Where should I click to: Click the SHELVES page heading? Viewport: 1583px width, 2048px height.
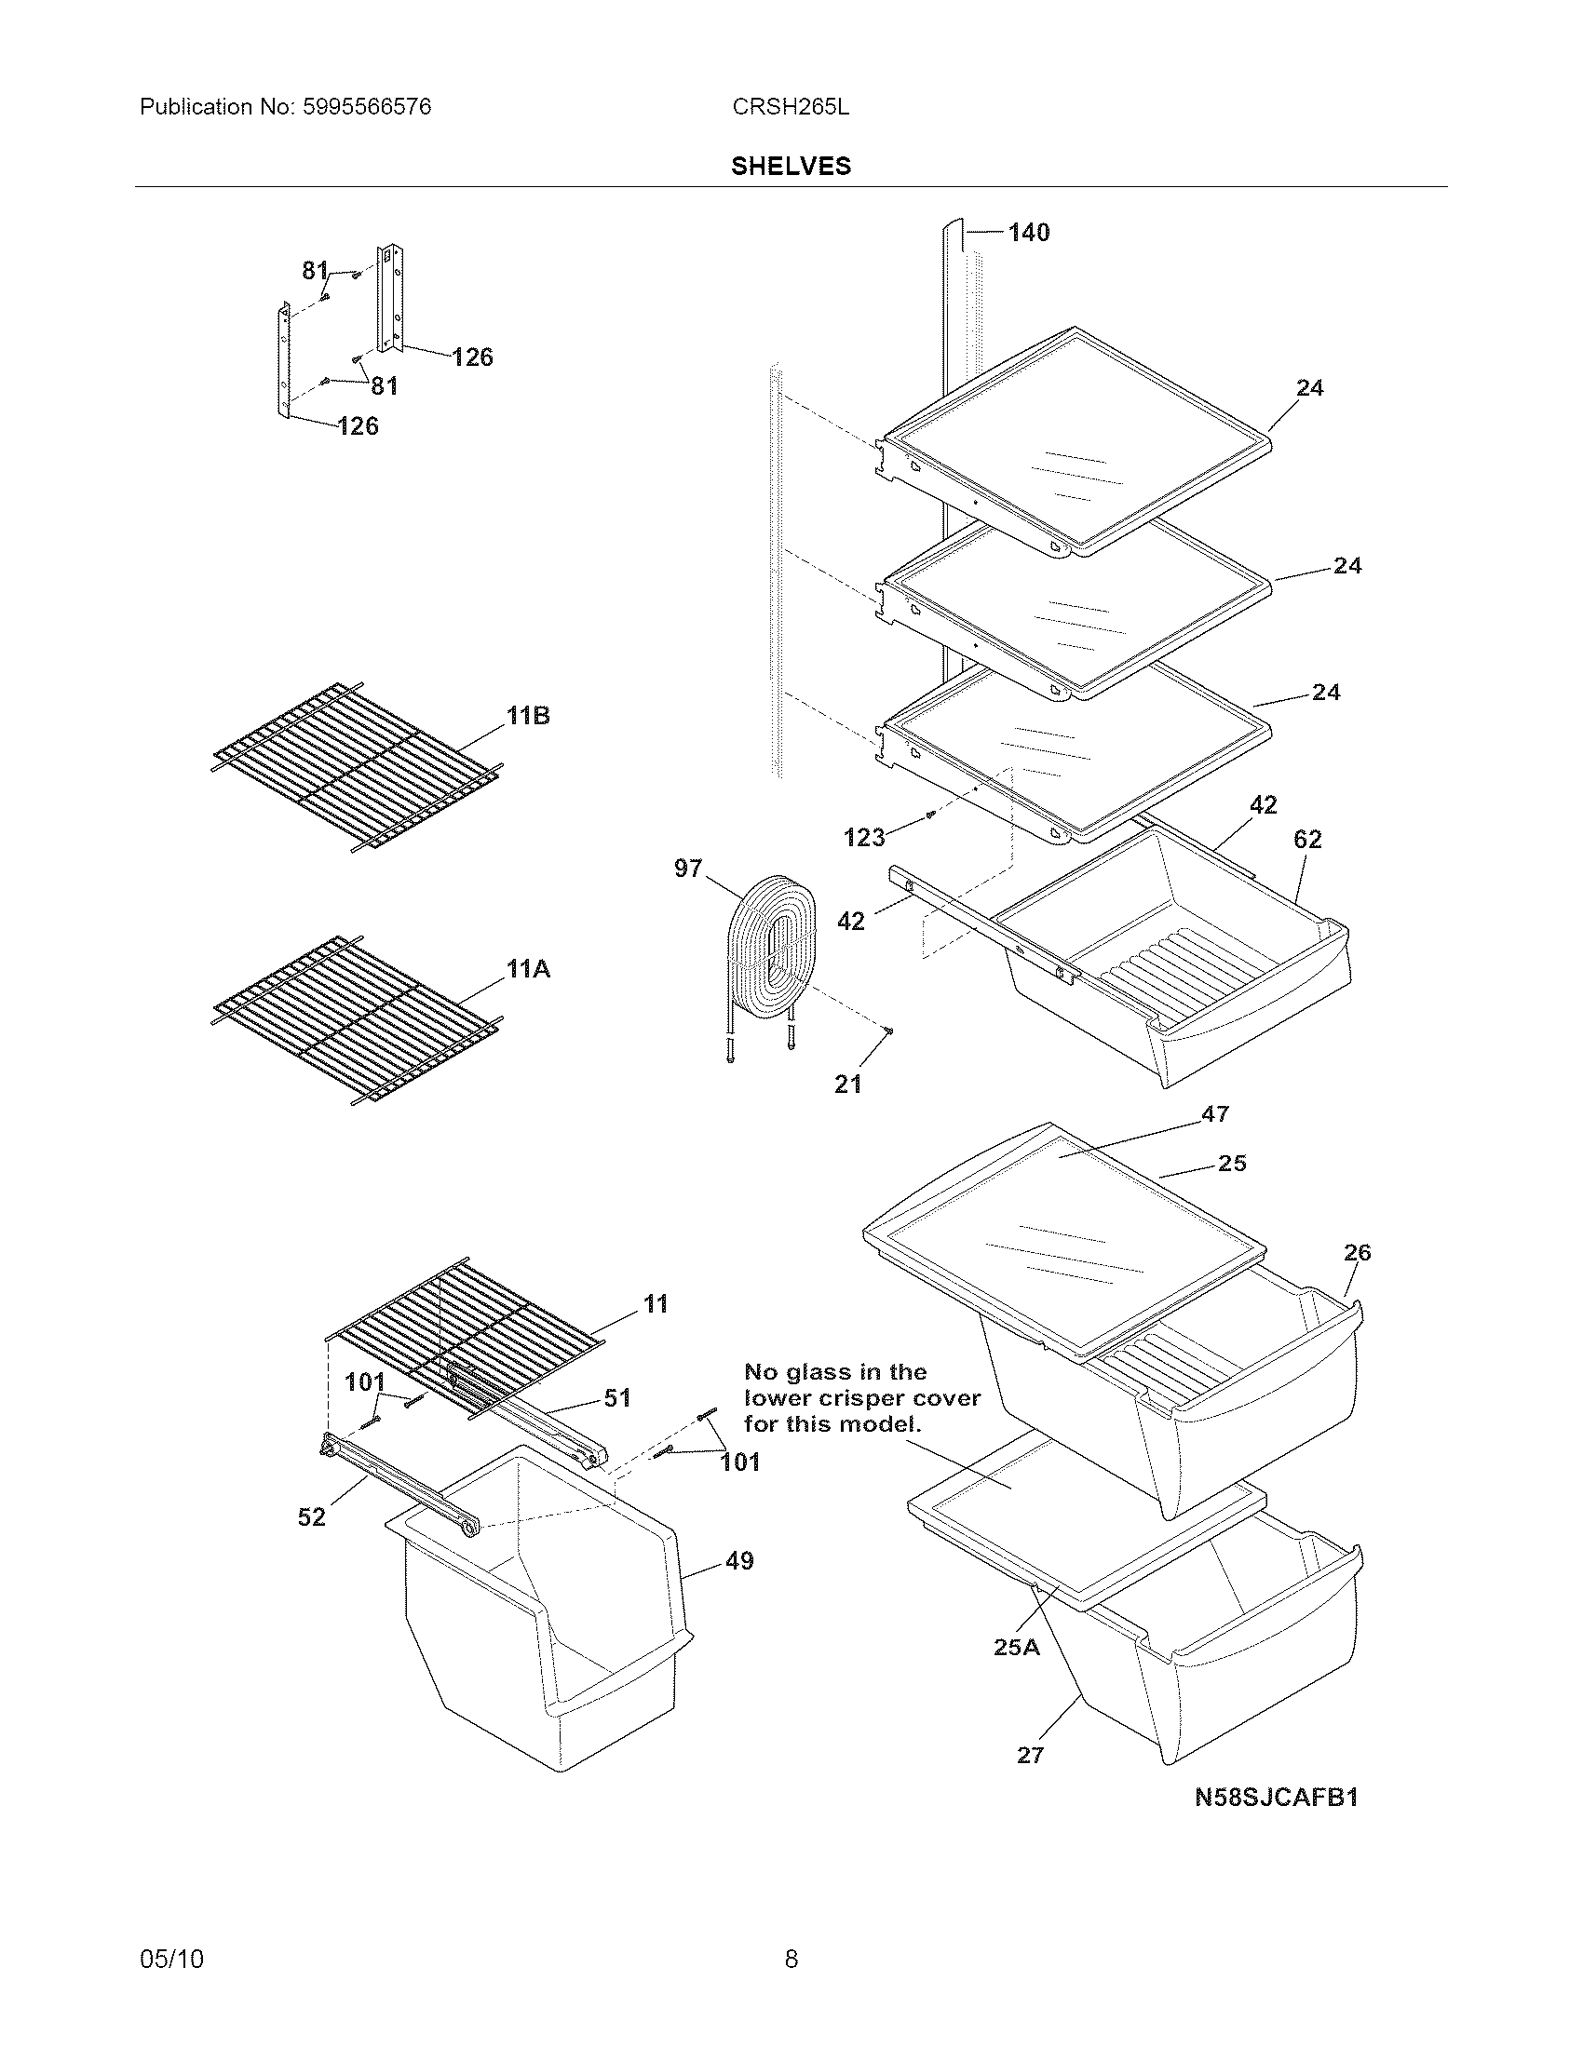[791, 166]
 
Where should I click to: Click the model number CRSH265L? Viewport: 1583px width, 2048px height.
[791, 107]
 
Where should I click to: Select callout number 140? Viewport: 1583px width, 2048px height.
[1029, 233]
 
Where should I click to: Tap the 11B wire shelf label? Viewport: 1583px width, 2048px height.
[528, 717]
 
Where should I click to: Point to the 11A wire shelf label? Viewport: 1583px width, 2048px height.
[528, 969]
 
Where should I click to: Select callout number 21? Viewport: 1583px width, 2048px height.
[847, 1084]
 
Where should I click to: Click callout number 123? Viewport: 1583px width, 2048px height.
[864, 838]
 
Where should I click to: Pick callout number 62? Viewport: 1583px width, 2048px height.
[1307, 840]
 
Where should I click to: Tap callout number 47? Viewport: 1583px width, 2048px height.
[1215, 1114]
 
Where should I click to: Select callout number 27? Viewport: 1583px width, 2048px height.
[1030, 1756]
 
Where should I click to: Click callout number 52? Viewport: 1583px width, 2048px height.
[311, 1516]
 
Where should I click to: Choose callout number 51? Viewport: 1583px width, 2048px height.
[617, 1398]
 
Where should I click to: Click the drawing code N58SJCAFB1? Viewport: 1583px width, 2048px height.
[1277, 1798]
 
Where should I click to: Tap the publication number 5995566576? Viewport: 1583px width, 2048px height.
[367, 107]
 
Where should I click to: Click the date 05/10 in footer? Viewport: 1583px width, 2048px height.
[171, 1958]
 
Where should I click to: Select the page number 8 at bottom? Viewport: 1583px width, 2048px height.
[791, 1958]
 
